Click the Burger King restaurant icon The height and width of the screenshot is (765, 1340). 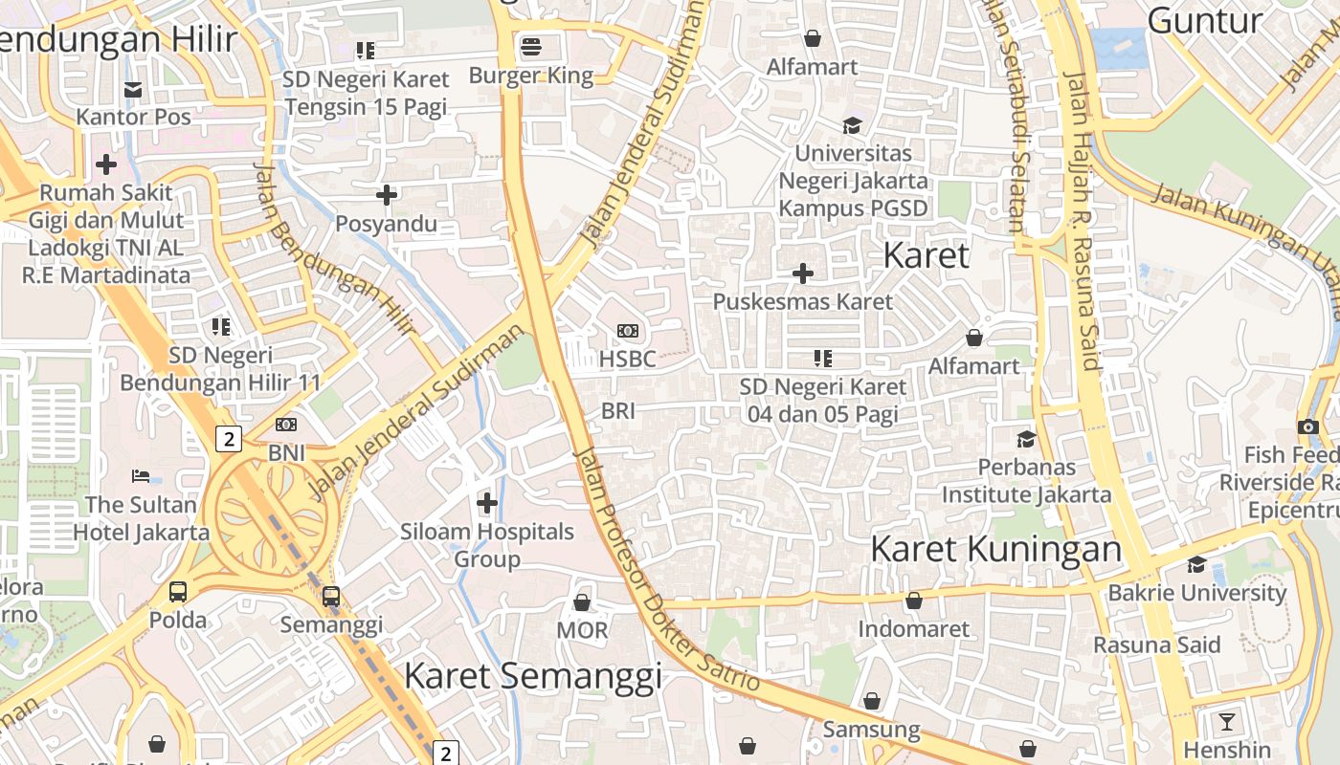[531, 46]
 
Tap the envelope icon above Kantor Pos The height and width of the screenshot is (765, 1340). [133, 89]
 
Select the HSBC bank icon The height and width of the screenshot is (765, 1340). [628, 331]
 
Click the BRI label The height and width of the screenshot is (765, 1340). [618, 411]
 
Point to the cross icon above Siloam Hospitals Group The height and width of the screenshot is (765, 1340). [487, 502]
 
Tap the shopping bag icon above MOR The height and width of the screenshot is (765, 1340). [581, 602]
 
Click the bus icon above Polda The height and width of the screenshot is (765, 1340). [178, 591]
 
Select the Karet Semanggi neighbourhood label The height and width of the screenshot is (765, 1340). [532, 675]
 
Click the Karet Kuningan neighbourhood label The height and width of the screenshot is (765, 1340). [995, 549]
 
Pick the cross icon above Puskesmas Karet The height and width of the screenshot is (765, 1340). [803, 274]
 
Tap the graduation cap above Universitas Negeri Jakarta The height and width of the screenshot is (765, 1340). [852, 125]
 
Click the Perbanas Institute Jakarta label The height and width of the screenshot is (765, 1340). [1027, 481]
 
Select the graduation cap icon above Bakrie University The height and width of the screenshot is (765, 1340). [1196, 564]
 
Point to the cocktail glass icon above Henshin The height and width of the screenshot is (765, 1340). [1227, 721]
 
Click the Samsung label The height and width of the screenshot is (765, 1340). [871, 731]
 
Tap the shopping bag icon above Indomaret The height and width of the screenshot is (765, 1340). [914, 601]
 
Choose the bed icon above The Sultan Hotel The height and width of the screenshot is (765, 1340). [140, 476]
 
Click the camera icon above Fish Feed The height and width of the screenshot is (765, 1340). [1308, 426]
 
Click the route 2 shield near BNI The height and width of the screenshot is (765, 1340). [228, 439]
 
